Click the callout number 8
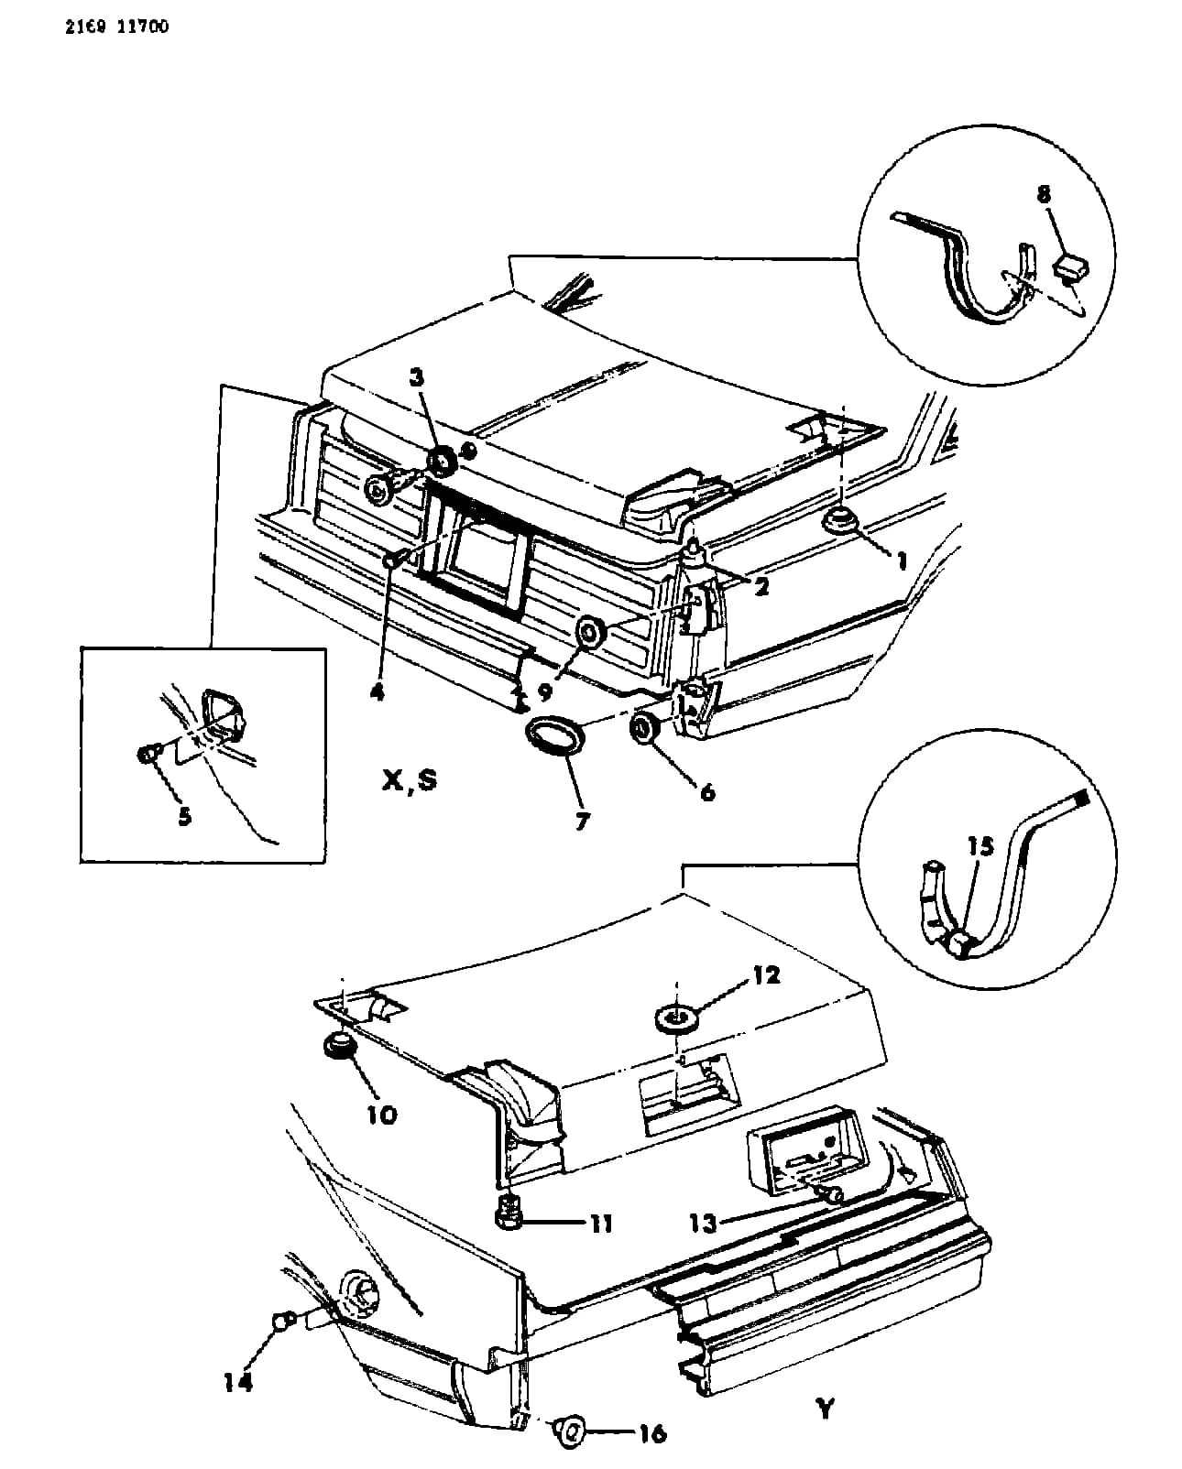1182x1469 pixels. click(1044, 194)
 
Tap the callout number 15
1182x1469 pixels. click(980, 846)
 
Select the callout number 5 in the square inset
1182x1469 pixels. click(184, 816)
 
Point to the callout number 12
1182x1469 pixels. click(766, 974)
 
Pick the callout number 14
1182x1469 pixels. click(238, 1383)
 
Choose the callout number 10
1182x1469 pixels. click(382, 1115)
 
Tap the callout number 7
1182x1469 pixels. click(581, 821)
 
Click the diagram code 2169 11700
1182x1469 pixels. click(116, 27)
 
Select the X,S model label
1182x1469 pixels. click(410, 779)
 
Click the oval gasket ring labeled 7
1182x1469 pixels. click(556, 741)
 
